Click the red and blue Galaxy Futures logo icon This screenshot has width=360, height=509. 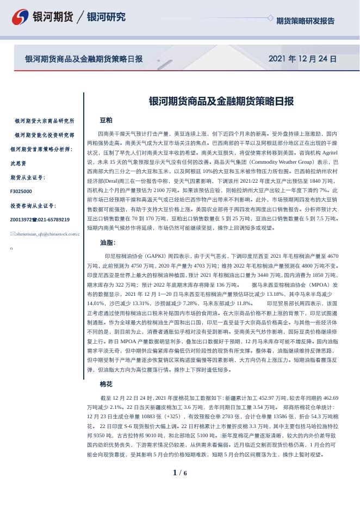tap(20, 17)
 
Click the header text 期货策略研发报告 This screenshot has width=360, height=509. tap(305, 21)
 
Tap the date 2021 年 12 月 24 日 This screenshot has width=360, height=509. tap(302, 59)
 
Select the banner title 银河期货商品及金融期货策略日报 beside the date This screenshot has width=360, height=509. tap(84, 59)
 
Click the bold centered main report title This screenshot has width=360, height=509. tap(221, 101)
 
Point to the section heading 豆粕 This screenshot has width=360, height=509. tap(106, 120)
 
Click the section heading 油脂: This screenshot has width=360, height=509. tap(108, 243)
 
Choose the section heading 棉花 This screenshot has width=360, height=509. tap(106, 384)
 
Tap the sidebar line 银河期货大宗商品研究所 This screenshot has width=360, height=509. tap(45, 121)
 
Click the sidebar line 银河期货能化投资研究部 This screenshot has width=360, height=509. tap(45, 135)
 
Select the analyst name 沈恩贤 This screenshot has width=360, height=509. tap(18, 163)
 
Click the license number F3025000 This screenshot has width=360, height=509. tap(21, 191)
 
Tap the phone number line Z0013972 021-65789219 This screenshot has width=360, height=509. tap(40, 220)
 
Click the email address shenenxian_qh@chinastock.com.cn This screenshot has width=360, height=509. tap(45, 234)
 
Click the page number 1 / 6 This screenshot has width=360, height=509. tap(179, 473)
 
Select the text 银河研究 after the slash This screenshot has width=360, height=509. tap(106, 17)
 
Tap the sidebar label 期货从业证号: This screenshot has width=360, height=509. tap(28, 177)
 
